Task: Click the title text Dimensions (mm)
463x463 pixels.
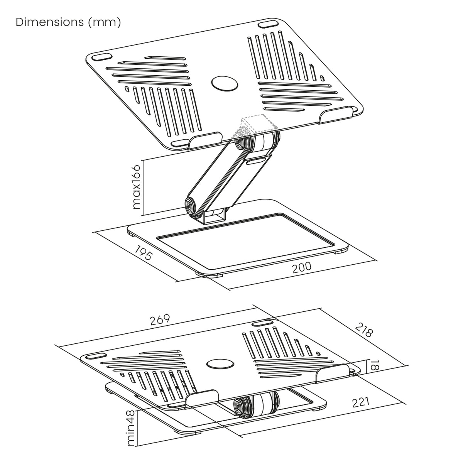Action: point(68,22)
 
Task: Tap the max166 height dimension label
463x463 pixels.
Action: point(136,187)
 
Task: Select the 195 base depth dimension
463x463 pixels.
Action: point(144,253)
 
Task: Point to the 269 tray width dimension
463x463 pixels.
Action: point(160,319)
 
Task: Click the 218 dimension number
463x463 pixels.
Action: point(365,330)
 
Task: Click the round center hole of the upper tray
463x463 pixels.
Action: point(225,84)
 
